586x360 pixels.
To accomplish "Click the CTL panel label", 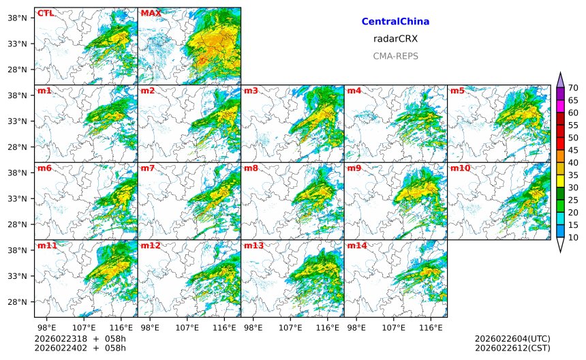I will tap(45, 13).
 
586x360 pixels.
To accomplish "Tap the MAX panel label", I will tap(151, 13).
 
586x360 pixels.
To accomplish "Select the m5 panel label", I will tap(457, 91).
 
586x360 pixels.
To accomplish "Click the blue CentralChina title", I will tap(395, 22).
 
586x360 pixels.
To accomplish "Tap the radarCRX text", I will tap(395, 39).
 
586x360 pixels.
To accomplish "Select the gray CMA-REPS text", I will tap(395, 56).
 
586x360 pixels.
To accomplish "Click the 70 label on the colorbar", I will tap(574, 88).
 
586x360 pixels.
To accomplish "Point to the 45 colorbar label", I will tap(574, 150).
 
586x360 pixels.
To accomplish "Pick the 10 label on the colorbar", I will tap(574, 237).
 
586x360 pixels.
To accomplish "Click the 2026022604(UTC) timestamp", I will tap(512, 339).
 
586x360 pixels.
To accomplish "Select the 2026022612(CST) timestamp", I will tap(512, 348).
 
